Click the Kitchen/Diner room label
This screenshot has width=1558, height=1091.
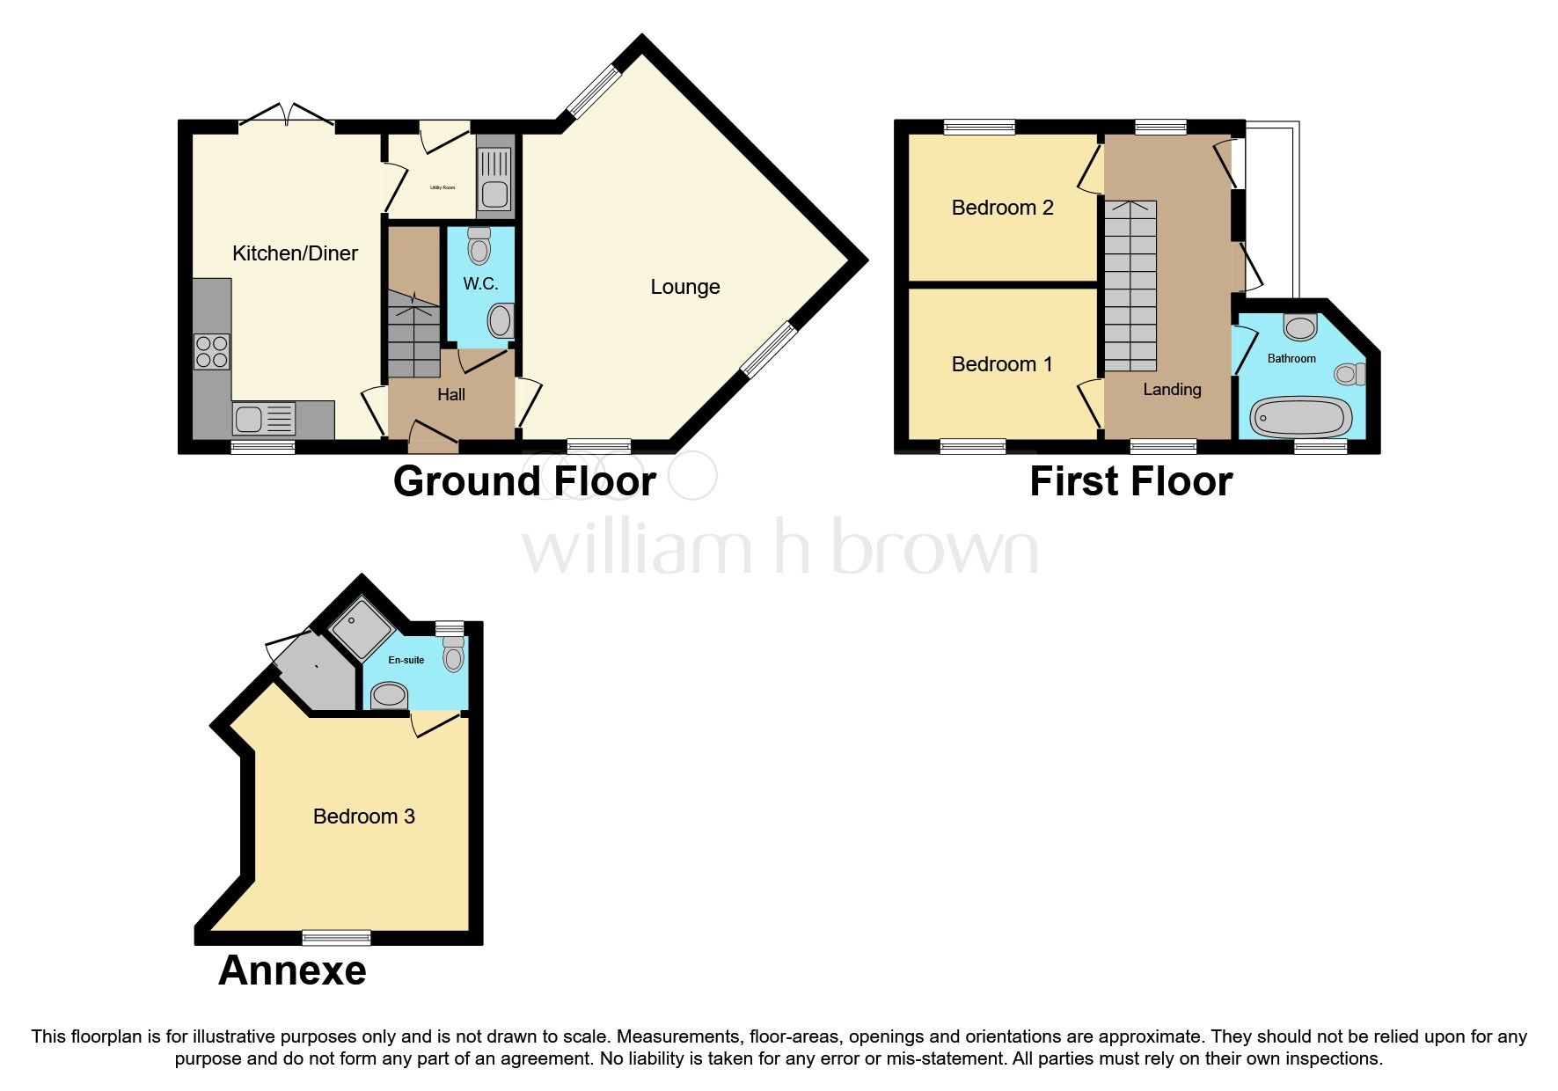(295, 253)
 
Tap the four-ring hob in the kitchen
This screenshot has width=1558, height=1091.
(212, 351)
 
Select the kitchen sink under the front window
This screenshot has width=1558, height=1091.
(264, 418)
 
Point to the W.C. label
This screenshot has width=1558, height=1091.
(480, 283)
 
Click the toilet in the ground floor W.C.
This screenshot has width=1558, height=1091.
(479, 245)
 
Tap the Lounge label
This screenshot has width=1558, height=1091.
(684, 287)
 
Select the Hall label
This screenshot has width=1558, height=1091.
(451, 395)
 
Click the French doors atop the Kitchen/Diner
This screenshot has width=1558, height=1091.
(287, 115)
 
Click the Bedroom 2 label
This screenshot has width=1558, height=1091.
(1002, 208)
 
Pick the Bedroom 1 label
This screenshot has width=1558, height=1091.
(1001, 364)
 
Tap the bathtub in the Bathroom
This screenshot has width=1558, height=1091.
(1300, 417)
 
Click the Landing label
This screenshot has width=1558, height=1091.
(1172, 389)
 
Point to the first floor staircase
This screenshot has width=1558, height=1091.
(1130, 286)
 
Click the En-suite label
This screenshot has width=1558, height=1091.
(406, 660)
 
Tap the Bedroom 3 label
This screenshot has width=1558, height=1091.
(363, 816)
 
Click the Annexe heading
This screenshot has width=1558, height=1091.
(292, 970)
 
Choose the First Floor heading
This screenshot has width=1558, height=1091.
(1130, 481)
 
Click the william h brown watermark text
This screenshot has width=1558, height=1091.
(779, 547)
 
